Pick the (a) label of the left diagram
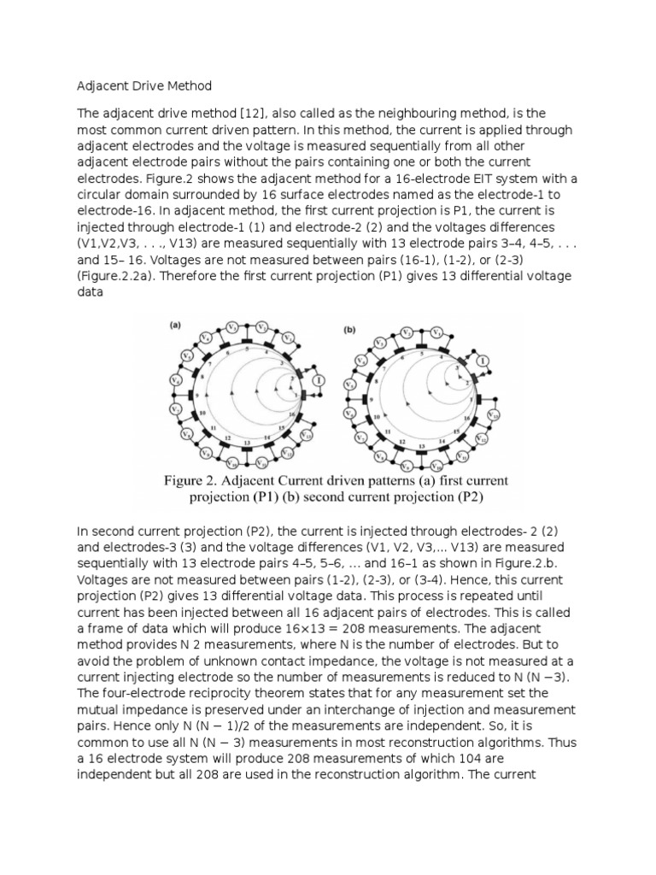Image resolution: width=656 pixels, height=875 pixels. (x=174, y=326)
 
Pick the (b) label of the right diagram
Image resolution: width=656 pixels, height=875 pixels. (x=348, y=327)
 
